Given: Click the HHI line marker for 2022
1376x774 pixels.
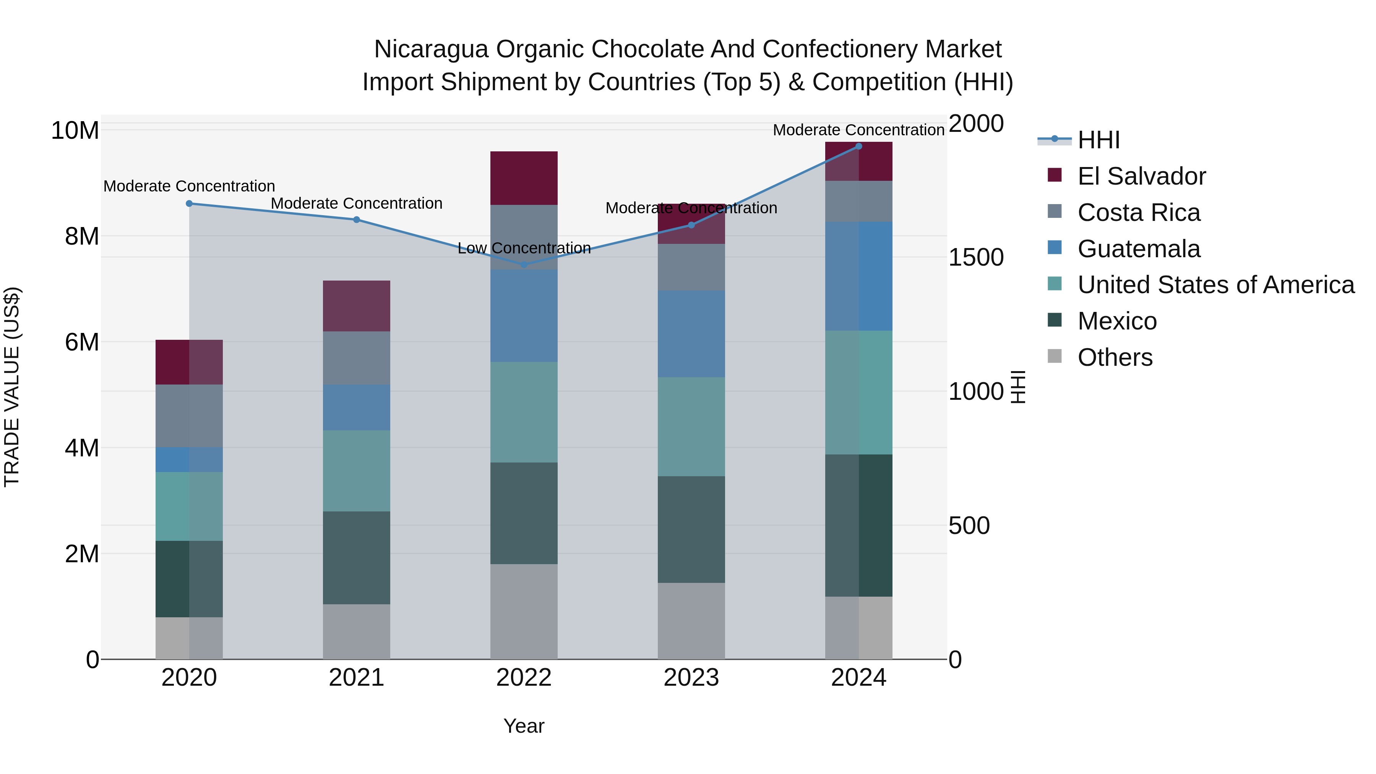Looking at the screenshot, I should click(x=524, y=264).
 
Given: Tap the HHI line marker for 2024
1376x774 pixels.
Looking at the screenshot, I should click(x=858, y=146).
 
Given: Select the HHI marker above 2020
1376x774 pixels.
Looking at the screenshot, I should click(x=189, y=203).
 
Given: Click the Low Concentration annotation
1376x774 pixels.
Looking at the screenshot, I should click(x=524, y=248).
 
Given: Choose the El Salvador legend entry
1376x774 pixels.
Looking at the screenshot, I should click(x=1141, y=176).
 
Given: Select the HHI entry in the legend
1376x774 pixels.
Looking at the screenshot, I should click(x=1098, y=140).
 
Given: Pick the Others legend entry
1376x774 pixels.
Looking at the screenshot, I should click(x=1115, y=357).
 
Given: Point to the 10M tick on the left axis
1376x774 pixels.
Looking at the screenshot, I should click(x=75, y=130).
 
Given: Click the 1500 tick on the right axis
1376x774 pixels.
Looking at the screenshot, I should click(x=975, y=258).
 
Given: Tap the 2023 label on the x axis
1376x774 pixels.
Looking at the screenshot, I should click(x=691, y=678).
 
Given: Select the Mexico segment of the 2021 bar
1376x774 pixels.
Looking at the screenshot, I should click(x=356, y=558).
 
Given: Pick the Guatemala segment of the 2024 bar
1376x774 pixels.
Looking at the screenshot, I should click(x=858, y=276).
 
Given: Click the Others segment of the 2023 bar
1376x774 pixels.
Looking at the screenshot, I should click(x=691, y=621).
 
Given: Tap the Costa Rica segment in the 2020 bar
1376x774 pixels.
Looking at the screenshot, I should click(x=189, y=415).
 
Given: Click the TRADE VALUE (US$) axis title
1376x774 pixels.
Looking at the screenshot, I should click(x=12, y=387).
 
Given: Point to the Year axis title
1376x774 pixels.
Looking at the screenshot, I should click(x=524, y=726).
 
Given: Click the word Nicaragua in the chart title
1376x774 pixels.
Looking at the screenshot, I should click(x=430, y=49).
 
